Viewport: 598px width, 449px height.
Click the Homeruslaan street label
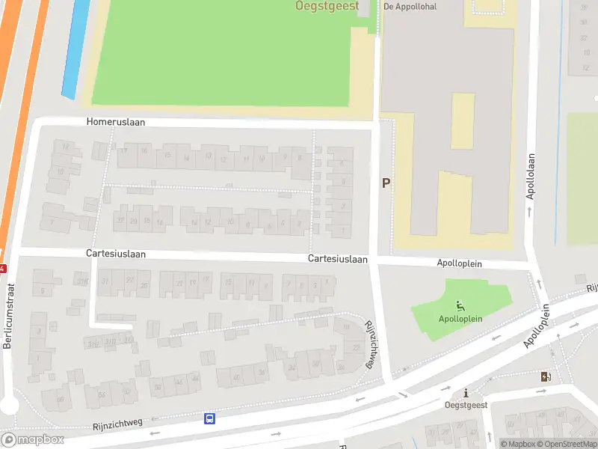click(116, 121)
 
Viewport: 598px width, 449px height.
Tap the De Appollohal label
click(410, 7)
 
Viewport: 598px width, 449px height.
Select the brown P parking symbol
click(386, 183)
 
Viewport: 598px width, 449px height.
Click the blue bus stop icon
click(210, 418)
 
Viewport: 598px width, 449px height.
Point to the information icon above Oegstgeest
click(466, 393)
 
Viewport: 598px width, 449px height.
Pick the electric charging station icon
click(544, 376)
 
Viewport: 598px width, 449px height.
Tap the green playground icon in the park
click(459, 305)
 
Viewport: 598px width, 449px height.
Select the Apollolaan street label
click(531, 176)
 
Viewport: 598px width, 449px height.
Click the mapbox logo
click(32, 440)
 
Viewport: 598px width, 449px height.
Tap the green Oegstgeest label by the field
click(327, 7)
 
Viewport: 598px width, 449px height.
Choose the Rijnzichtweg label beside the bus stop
click(117, 424)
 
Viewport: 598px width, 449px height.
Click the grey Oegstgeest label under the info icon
click(466, 405)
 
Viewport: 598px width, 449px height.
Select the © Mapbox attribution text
click(519, 444)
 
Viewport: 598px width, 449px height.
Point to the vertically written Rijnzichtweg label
click(369, 344)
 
